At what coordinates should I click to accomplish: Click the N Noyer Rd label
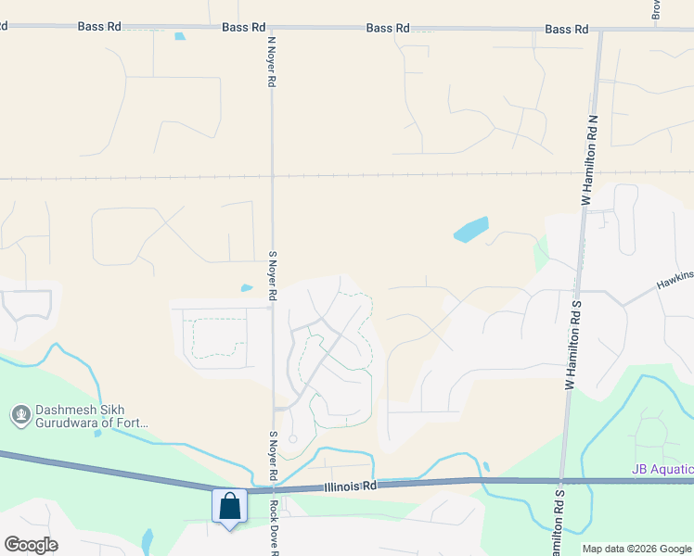[272, 62]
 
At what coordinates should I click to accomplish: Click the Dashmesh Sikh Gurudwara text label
[91, 417]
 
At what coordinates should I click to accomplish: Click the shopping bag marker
[229, 507]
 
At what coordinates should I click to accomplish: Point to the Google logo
[31, 545]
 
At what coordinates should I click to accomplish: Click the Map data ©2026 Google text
[636, 549]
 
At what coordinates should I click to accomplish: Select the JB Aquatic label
[662, 470]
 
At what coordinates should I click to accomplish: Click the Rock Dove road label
[275, 528]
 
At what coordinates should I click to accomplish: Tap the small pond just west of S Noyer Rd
[246, 288]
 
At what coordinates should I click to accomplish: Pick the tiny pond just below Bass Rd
[179, 37]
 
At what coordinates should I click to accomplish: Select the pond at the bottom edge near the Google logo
[148, 540]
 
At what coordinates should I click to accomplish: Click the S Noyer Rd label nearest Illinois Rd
[273, 456]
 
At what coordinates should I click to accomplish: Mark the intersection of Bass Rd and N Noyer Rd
[272, 29]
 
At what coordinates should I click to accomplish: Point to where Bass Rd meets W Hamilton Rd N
[600, 30]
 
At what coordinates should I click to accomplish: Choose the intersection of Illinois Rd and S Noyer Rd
[274, 490]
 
